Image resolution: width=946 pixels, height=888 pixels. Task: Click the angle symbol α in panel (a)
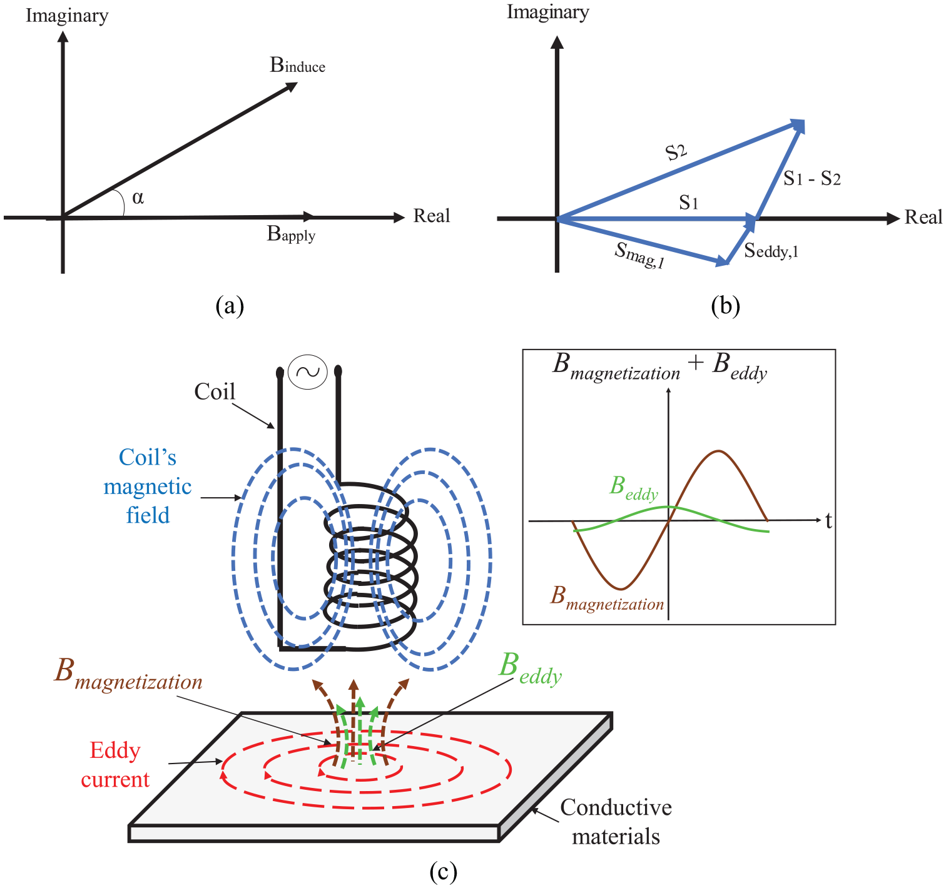click(138, 197)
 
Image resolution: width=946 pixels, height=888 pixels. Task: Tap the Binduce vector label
click(297, 65)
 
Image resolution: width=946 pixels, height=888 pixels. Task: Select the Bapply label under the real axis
click(291, 233)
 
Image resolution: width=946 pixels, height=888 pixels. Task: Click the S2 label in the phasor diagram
click(676, 152)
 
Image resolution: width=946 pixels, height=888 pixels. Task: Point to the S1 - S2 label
click(811, 179)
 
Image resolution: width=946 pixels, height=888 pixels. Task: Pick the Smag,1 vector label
click(639, 255)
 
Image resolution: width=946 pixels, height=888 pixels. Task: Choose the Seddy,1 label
click(771, 250)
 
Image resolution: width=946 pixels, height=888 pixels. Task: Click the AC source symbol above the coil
click(308, 372)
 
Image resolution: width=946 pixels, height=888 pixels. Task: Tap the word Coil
click(215, 391)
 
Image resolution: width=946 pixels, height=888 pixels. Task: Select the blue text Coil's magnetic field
click(148, 486)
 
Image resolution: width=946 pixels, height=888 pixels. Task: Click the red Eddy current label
click(115, 765)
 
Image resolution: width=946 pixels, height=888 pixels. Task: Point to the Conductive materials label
click(616, 822)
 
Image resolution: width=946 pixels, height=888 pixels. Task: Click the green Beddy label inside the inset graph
click(634, 488)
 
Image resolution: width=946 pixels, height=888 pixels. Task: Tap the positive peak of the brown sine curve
click(718, 450)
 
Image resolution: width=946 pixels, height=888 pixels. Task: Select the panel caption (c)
click(443, 871)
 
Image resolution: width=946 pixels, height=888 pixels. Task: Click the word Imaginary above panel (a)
click(67, 15)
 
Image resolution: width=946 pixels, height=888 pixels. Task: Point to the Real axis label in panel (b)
click(923, 217)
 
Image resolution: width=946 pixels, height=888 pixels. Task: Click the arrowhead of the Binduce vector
click(291, 87)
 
